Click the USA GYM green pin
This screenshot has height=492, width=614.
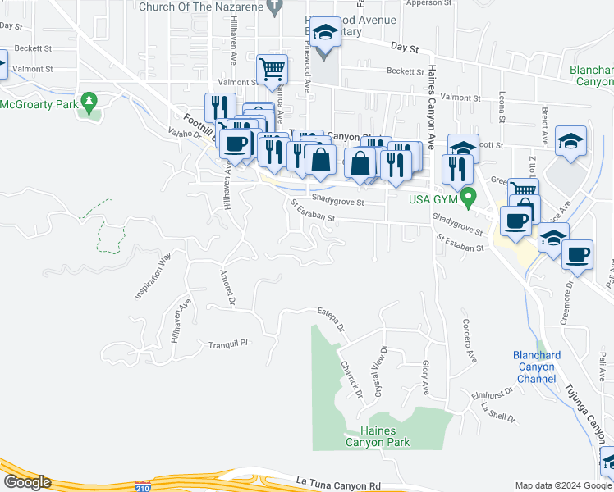pos(469,197)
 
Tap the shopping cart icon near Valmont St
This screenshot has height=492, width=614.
pos(272,70)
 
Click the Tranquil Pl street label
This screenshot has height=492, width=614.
pos(227,344)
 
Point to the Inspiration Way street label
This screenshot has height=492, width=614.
pos(152,276)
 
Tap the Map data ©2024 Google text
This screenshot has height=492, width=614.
pos(563,485)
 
